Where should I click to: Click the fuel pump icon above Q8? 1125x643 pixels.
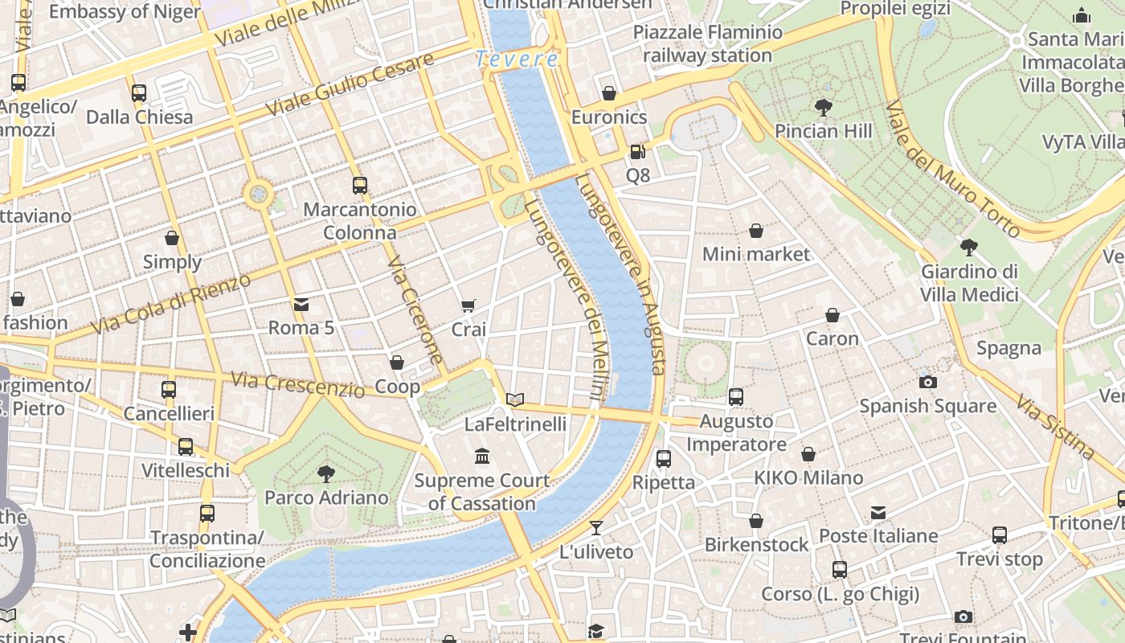(x=637, y=151)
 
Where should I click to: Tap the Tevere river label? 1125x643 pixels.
(x=517, y=59)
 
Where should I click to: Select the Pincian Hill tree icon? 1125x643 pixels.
(x=823, y=107)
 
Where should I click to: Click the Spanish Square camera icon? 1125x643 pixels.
(x=928, y=382)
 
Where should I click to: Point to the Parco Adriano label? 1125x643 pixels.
(x=326, y=498)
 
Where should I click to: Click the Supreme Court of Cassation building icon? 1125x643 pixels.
(x=482, y=457)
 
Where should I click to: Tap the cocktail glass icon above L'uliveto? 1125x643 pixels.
(x=596, y=528)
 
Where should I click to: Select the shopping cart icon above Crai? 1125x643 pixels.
(x=468, y=305)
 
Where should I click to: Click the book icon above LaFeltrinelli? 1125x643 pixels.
(x=515, y=399)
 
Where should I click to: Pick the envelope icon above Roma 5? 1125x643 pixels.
(x=301, y=304)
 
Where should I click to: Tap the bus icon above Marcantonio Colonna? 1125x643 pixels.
(x=360, y=186)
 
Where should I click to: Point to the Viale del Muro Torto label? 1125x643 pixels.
(x=952, y=170)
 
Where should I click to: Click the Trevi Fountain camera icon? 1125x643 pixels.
(x=963, y=616)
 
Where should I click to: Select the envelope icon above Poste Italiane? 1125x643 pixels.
(x=878, y=512)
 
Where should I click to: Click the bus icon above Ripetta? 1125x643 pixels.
(x=664, y=459)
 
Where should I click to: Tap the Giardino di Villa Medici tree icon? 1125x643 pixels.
(x=969, y=248)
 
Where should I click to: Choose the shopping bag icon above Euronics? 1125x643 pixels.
(x=609, y=93)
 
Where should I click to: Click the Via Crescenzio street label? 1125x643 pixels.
(x=297, y=385)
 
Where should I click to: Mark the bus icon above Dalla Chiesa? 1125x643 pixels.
(x=139, y=93)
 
